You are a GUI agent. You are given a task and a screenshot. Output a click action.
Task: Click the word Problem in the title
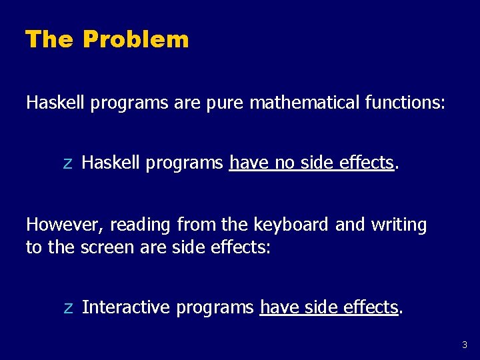click(x=136, y=39)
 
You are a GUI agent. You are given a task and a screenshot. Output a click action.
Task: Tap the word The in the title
click(x=49, y=39)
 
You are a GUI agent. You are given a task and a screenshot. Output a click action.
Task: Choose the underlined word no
click(x=285, y=163)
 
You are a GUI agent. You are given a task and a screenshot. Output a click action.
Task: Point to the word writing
click(x=399, y=225)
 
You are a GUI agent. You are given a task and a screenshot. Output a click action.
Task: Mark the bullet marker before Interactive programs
click(x=67, y=308)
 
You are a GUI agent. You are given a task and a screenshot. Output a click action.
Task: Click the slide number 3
click(x=465, y=345)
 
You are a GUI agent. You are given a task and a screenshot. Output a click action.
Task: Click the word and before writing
click(x=349, y=225)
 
